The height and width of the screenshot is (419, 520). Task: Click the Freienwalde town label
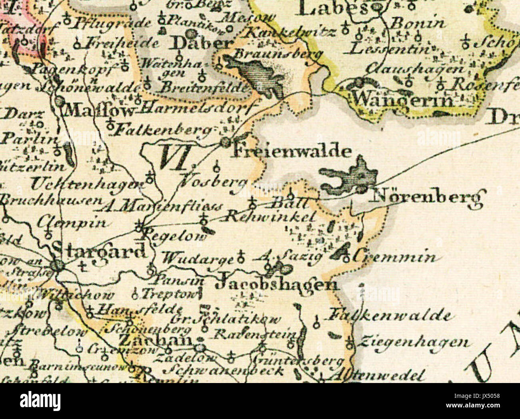pos(292,152)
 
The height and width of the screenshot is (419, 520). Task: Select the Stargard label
pos(99,251)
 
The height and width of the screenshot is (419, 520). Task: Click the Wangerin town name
pos(404,99)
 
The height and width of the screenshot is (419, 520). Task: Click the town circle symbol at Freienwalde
pos(226,142)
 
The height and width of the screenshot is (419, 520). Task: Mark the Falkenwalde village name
pos(390,316)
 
